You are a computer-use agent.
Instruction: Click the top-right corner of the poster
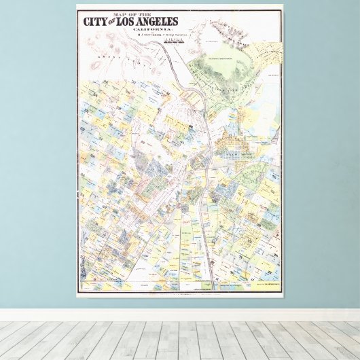coord(285,5)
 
